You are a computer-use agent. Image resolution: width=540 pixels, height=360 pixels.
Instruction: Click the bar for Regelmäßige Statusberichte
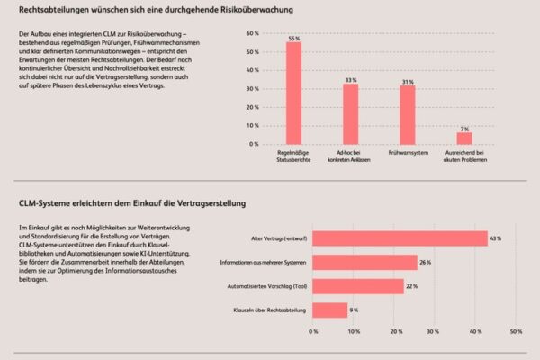(x=293, y=94)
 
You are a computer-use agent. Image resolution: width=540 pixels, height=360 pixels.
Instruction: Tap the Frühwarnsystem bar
(x=408, y=116)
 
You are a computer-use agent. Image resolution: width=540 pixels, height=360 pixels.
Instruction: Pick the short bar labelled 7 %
(x=464, y=139)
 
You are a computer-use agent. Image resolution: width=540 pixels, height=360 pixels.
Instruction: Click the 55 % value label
(x=293, y=38)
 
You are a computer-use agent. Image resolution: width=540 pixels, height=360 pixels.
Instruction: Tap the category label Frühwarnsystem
(x=408, y=153)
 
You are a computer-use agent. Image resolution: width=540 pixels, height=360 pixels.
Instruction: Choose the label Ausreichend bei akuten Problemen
(x=464, y=157)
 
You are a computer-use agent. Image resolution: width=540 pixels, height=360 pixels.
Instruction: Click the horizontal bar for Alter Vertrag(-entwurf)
(x=400, y=238)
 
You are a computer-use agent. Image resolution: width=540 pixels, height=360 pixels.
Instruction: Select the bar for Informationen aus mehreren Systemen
(x=364, y=262)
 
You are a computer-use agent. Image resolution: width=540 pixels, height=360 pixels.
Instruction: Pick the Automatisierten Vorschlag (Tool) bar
(x=358, y=286)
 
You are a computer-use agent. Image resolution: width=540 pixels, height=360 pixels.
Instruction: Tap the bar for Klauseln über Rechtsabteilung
(x=330, y=310)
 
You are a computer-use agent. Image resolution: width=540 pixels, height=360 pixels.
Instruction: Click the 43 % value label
(x=495, y=238)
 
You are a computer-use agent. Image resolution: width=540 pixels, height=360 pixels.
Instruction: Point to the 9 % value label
(x=355, y=310)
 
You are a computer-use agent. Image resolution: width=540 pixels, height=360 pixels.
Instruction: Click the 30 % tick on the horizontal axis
(x=436, y=331)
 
